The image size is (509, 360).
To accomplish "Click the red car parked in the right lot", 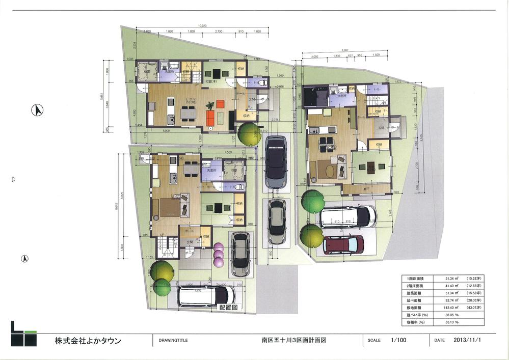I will coord(343,244).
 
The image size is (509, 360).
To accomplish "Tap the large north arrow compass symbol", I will coord(37,109).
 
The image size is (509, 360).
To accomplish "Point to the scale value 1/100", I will coord(398,340).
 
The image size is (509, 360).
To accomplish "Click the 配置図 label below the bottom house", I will coord(228,308).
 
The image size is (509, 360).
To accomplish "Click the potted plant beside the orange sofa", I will coord(209,105).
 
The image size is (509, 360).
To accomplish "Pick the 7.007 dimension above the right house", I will coord(345,50).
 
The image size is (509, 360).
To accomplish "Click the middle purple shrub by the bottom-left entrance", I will coord(219,255).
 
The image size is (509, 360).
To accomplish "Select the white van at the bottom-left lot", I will coord(206,295).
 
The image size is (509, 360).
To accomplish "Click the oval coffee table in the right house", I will coord(326,170).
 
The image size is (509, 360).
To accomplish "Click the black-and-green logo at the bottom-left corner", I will coord(23,334).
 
